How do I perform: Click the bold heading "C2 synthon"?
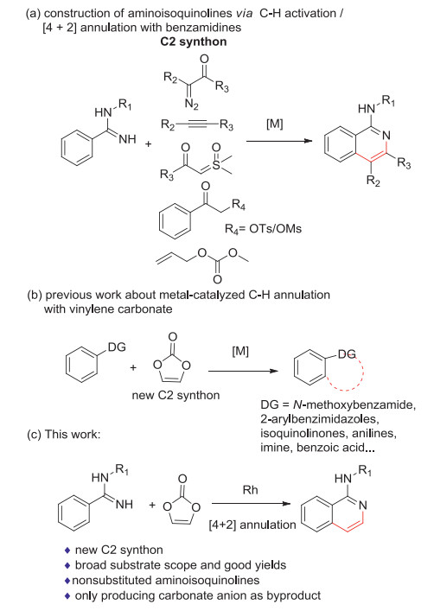[x=194, y=41]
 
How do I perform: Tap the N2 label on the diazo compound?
[x=191, y=104]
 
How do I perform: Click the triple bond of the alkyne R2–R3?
[x=197, y=124]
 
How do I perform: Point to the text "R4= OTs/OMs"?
[x=263, y=229]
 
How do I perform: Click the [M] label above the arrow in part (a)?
[x=274, y=124]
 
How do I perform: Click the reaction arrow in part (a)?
[x=279, y=141]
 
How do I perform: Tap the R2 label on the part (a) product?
[x=373, y=181]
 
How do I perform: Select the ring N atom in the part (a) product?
[x=386, y=136]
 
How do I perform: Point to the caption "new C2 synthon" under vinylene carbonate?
[x=176, y=395]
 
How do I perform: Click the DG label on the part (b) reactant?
[x=117, y=347]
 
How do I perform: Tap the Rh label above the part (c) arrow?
[x=251, y=490]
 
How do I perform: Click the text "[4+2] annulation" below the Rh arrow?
[x=252, y=525]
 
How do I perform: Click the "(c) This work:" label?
[x=64, y=434]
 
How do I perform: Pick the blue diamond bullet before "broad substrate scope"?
[x=67, y=565]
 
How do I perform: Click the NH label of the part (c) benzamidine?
[x=124, y=504]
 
